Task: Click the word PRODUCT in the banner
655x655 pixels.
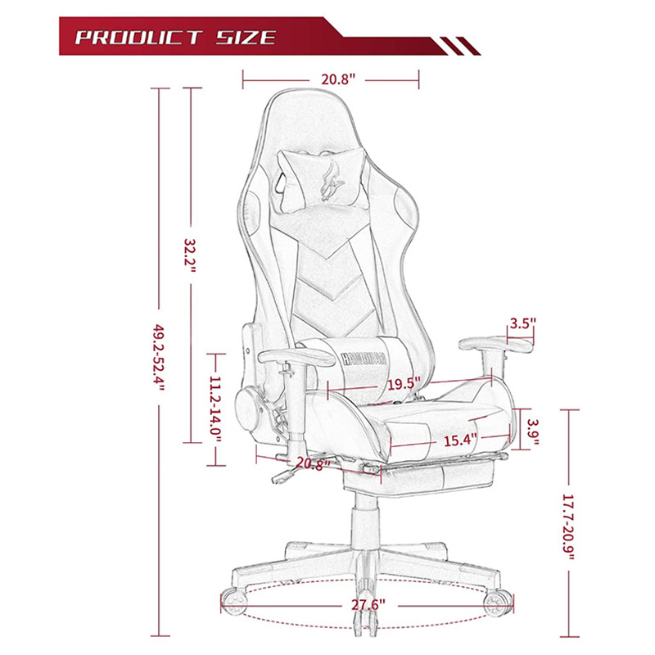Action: pos(139,38)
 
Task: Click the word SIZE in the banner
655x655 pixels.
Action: pos(246,38)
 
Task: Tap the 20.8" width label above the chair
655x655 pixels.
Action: pos(338,79)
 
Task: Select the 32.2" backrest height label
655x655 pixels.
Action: pos(191,255)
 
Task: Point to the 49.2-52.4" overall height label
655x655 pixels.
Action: pos(159,356)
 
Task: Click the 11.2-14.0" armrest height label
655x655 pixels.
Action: pos(215,410)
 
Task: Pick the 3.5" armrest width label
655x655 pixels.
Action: pos(522,323)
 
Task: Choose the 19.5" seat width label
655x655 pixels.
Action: pos(404,384)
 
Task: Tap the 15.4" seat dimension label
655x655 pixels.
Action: pos(460,440)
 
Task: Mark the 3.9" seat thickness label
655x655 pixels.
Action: pos(533,431)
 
